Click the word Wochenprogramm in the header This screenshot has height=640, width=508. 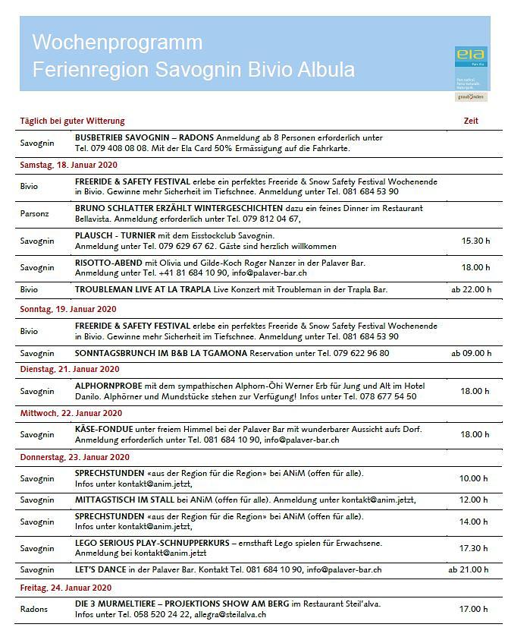(117, 42)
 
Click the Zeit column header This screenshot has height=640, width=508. (471, 121)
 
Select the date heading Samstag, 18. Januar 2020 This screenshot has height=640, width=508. (68, 165)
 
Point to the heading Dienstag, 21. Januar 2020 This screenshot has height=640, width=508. (69, 369)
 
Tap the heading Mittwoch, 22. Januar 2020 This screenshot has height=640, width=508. (71, 413)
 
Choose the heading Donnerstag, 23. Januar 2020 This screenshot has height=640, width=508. (74, 457)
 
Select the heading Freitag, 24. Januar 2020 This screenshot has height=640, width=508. (65, 588)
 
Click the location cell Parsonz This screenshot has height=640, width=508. (34, 213)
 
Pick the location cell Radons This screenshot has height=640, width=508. (33, 609)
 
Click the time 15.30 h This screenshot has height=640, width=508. (475, 241)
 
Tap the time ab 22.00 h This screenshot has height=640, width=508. (471, 289)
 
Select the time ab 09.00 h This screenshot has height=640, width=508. (471, 353)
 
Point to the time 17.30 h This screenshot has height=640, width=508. (475, 548)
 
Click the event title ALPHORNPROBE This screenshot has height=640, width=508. (109, 386)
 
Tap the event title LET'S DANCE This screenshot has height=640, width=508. (102, 569)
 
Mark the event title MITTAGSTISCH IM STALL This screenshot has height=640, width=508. (124, 500)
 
